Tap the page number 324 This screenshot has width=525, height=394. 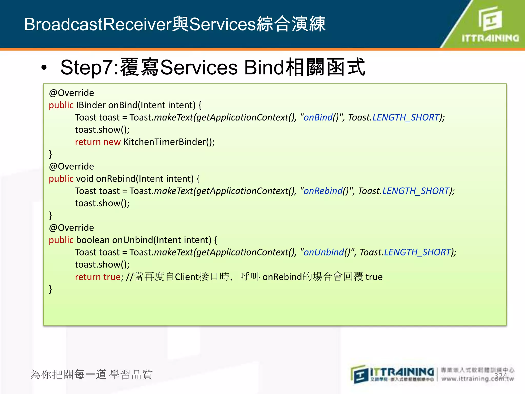[500, 376]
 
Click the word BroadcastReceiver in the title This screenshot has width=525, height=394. [98, 24]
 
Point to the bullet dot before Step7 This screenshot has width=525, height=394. [44, 68]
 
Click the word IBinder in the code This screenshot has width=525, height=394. [91, 105]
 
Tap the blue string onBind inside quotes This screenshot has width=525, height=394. [318, 117]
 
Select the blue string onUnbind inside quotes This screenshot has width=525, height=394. [324, 252]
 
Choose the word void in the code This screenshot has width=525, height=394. [85, 179]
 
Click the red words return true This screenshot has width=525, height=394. [98, 277]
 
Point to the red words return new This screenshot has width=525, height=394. [98, 142]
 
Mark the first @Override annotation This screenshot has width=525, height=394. [72, 93]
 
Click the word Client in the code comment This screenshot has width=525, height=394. [187, 277]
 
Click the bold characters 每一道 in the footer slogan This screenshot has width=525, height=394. [90, 375]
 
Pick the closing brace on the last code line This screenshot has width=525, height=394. [51, 289]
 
